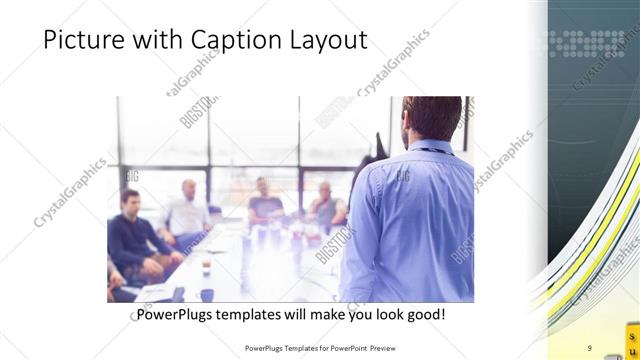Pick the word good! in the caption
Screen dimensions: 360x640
424,314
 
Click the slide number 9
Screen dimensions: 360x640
589,347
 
